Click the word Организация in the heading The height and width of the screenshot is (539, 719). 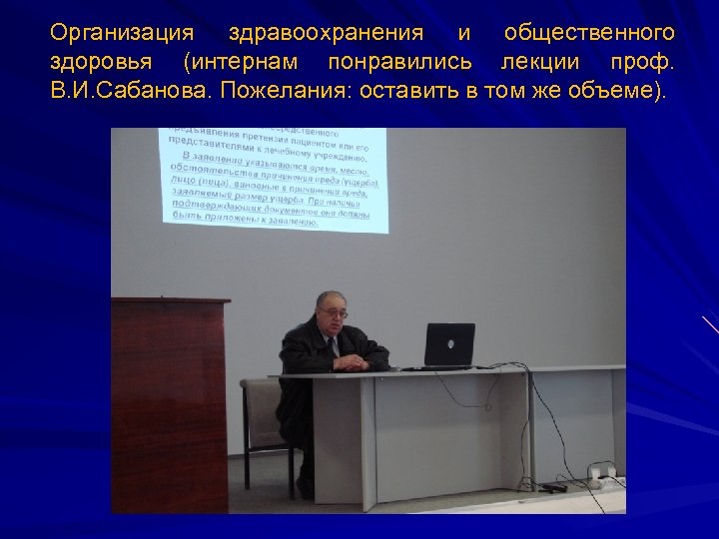(x=123, y=35)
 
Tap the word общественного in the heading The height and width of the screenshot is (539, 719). (x=588, y=35)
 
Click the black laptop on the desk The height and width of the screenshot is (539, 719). (x=449, y=345)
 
